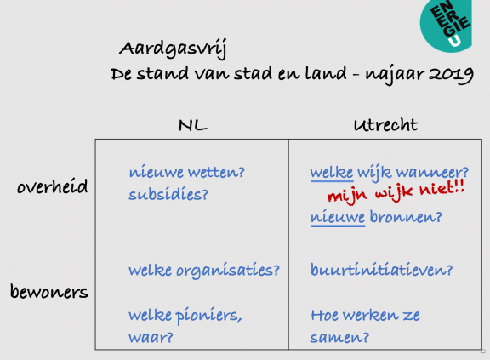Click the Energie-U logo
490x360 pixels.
[x=447, y=25]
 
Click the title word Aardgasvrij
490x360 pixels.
[x=174, y=49]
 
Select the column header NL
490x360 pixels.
[x=193, y=125]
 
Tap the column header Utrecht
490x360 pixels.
[x=385, y=125]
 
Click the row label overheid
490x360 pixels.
[x=52, y=186]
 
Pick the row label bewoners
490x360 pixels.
[x=49, y=291]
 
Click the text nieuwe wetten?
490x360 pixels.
[x=187, y=172]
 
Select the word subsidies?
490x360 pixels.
[x=168, y=194]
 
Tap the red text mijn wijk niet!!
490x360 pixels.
[x=396, y=191]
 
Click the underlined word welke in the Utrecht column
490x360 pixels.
[x=332, y=173]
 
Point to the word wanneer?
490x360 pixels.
[x=432, y=173]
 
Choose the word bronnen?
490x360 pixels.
[x=406, y=216]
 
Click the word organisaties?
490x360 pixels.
[x=228, y=271]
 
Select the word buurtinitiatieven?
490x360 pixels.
[x=382, y=270]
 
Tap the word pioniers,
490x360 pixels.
[x=208, y=316]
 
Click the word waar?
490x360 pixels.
[x=151, y=338]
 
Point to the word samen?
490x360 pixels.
[x=339, y=338]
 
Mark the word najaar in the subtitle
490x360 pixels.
[x=395, y=75]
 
